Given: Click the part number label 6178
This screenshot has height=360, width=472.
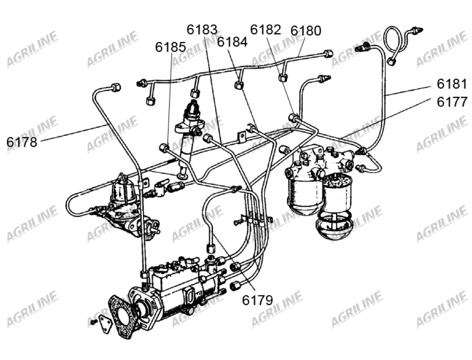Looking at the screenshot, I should [x=22, y=142].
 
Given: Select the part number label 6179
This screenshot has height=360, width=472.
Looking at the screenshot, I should [x=258, y=300].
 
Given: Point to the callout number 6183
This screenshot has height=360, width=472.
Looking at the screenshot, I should [x=202, y=30].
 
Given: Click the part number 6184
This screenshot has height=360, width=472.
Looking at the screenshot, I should [x=232, y=42].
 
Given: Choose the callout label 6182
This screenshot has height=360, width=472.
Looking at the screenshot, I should [x=266, y=30].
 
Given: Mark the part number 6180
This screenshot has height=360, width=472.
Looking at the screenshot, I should [x=306, y=31].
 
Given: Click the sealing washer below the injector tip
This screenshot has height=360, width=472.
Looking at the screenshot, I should [x=181, y=176].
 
